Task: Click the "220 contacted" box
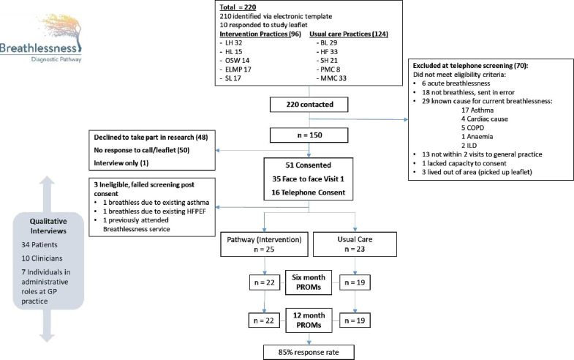click(x=309, y=105)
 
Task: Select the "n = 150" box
click(x=309, y=135)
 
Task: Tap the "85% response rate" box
click(x=309, y=352)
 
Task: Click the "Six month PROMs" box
click(x=309, y=282)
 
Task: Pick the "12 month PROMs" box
click(x=309, y=320)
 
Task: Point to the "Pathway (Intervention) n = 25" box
click(x=264, y=244)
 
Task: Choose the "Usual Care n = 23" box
click(x=355, y=244)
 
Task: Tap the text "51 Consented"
click(x=309, y=165)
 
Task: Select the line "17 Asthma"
click(x=477, y=110)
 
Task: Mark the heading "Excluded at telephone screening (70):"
click(x=470, y=66)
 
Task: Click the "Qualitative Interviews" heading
click(x=48, y=226)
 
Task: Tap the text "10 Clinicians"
click(x=42, y=258)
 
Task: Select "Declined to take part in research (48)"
click(x=151, y=138)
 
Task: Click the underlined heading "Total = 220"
click(x=238, y=7)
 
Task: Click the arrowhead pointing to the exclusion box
click(x=406, y=119)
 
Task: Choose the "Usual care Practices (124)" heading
click(x=349, y=34)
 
